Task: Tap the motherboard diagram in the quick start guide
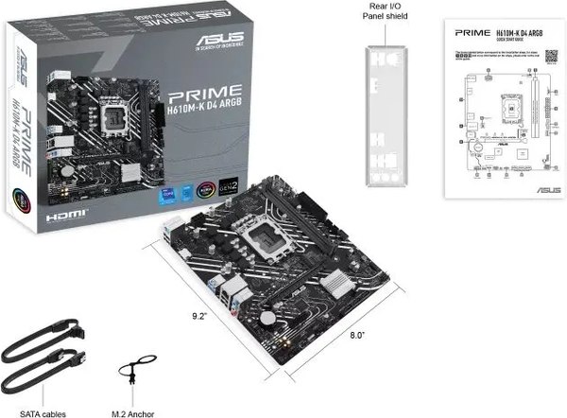(x=498, y=113)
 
